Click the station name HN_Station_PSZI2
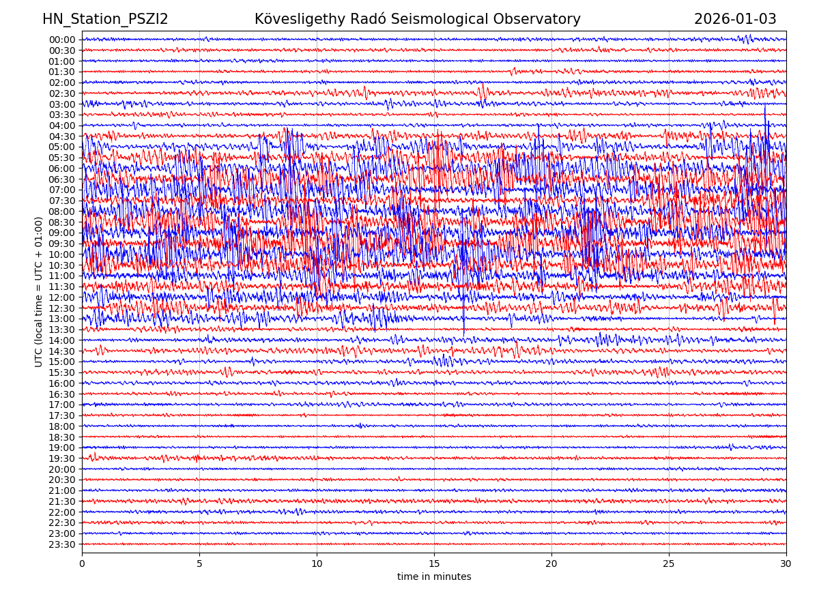pos(105,20)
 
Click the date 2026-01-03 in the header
pos(735,20)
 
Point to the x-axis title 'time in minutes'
pos(434,577)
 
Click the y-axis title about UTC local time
pos(39,292)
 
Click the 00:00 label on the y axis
pos(62,40)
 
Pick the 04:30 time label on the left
pos(62,136)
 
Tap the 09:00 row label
pos(62,233)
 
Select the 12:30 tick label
pos(62,308)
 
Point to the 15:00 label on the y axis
pos(62,362)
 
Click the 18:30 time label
pos(62,437)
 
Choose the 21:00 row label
pos(62,491)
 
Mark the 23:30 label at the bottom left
pos(62,544)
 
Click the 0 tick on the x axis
pos(82,564)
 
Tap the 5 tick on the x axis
pos(199,564)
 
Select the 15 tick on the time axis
pos(434,564)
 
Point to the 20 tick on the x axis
pos(551,564)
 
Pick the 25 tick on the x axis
pos(669,564)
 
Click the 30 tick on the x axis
pos(786,564)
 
